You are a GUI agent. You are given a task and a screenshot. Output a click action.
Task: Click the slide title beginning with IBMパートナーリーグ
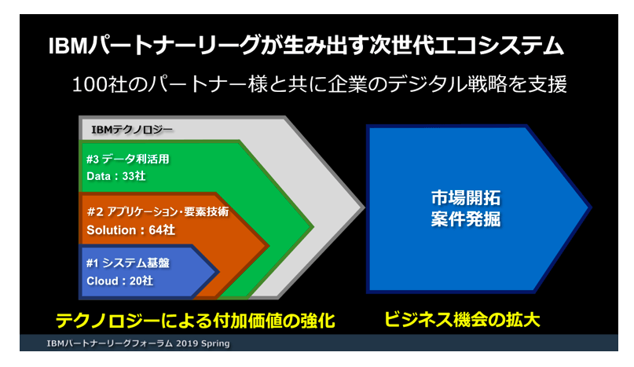click(306, 46)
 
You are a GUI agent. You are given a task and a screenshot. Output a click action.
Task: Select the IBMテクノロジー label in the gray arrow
click(132, 130)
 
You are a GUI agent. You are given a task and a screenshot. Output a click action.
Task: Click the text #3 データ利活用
click(127, 159)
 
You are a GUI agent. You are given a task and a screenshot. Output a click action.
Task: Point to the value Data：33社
click(116, 176)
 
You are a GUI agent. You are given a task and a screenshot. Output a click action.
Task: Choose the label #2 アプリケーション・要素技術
click(158, 211)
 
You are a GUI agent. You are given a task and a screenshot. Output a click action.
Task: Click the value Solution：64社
click(130, 229)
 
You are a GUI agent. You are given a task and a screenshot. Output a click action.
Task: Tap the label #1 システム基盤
click(128, 263)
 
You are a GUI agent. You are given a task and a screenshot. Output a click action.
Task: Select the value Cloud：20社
click(119, 281)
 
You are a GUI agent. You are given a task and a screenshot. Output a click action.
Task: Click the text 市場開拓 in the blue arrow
click(465, 198)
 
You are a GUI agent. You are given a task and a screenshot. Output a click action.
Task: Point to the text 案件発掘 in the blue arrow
click(465, 219)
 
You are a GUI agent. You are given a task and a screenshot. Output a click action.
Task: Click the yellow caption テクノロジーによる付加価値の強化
click(196, 321)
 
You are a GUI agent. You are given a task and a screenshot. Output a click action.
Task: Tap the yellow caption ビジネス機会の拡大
click(462, 319)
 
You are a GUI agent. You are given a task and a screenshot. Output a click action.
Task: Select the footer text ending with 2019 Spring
click(138, 343)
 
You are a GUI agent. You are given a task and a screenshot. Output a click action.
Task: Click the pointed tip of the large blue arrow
click(591, 208)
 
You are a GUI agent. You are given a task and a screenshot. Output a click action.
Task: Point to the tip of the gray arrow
click(365, 207)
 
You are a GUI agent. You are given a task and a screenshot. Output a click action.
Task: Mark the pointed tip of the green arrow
click(313, 226)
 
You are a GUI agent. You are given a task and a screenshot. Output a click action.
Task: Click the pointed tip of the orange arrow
click(269, 246)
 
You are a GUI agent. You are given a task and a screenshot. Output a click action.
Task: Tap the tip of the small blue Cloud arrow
click(219, 272)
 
